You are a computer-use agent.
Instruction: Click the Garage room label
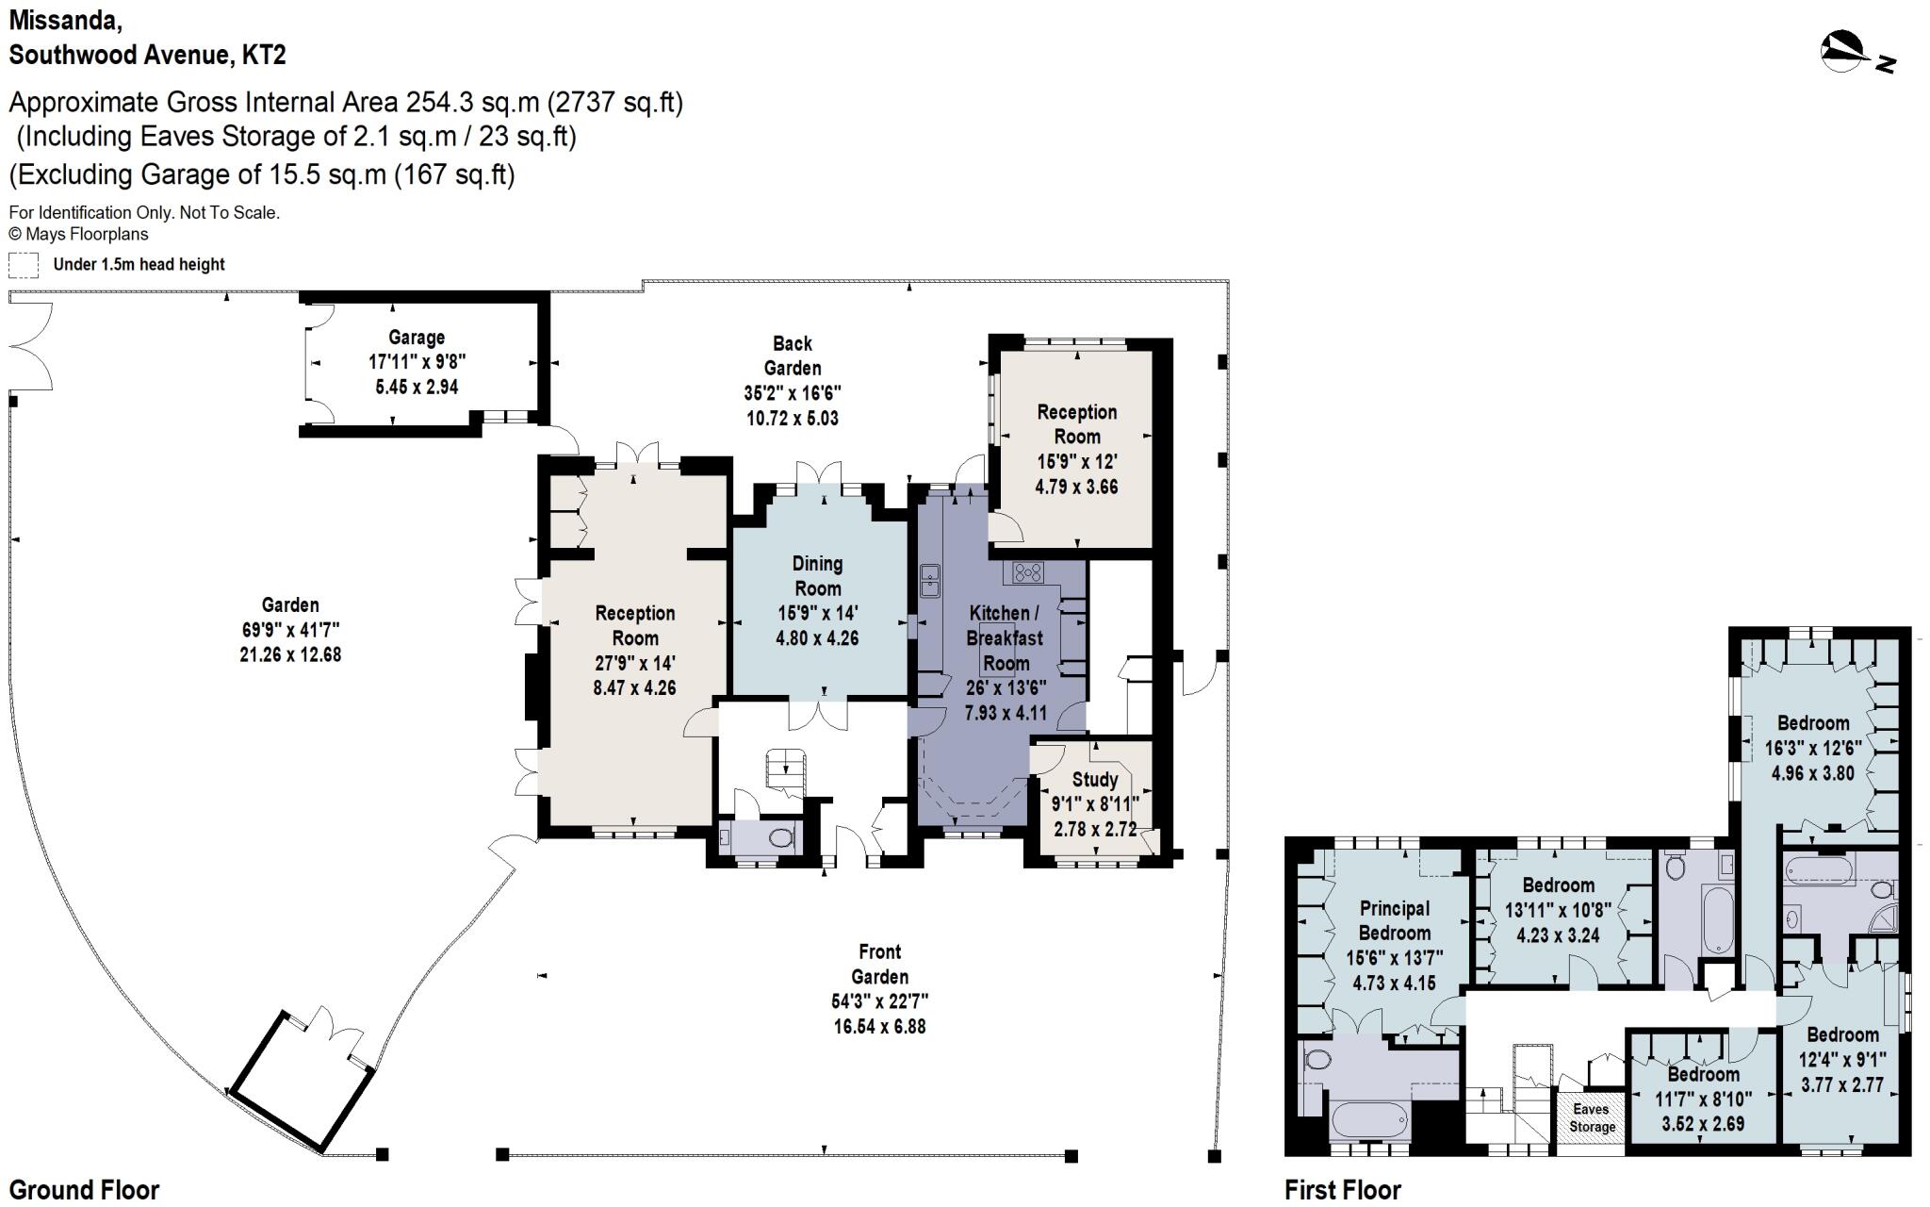417,338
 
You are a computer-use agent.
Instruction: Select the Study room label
1095,780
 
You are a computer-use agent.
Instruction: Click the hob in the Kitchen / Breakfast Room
1028,571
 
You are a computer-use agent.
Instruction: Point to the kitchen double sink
930,581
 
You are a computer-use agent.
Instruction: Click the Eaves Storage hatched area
1591,1120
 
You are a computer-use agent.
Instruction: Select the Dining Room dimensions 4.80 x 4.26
817,638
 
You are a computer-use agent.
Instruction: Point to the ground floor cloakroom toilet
779,837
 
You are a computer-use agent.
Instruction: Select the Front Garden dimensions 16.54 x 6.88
879,1027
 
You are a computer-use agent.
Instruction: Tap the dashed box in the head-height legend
24,265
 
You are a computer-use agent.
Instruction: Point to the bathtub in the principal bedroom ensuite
1369,1122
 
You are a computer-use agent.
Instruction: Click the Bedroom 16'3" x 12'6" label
1812,723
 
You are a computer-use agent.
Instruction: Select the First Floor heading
1342,1190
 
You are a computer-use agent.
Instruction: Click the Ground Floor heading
85,1190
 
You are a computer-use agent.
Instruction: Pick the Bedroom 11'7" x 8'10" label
1703,1074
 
